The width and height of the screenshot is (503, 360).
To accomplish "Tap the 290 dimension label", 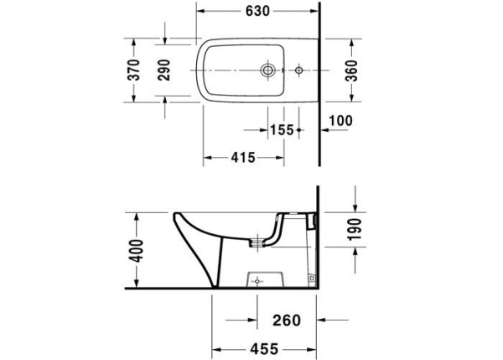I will click(x=164, y=70).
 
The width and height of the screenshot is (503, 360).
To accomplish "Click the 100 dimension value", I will click(x=340, y=121).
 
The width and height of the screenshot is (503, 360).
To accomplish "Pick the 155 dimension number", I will click(x=281, y=129).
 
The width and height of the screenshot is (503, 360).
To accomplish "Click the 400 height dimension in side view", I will click(x=136, y=250).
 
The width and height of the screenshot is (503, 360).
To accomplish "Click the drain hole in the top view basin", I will click(x=270, y=70).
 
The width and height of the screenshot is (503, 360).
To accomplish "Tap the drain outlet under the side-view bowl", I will click(x=259, y=242).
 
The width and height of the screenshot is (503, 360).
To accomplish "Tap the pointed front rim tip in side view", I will click(x=175, y=216).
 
